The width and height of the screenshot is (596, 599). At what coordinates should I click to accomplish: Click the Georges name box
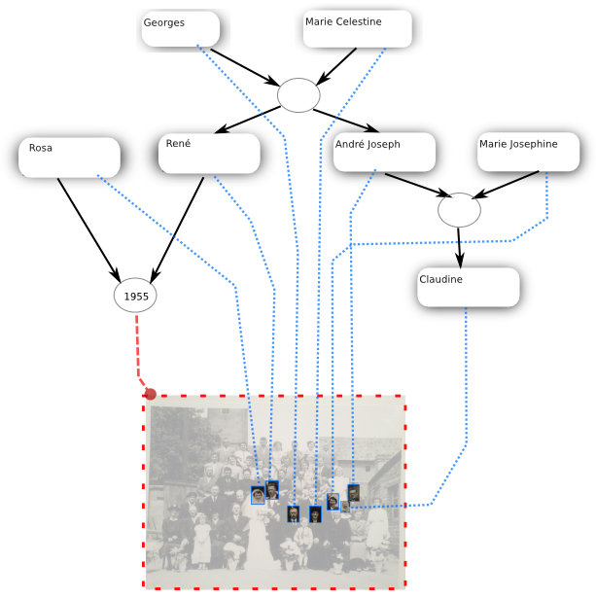pyautogui.click(x=180, y=29)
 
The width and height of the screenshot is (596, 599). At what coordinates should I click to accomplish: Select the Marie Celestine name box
pyautogui.click(x=357, y=29)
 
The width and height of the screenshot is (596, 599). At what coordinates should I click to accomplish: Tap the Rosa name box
pyautogui.click(x=69, y=157)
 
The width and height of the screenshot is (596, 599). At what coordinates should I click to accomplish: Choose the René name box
pyautogui.click(x=209, y=153)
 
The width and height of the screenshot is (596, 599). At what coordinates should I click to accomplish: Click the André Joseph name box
pyautogui.click(x=383, y=153)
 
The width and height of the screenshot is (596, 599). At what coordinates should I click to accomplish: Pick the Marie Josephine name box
pyautogui.click(x=529, y=153)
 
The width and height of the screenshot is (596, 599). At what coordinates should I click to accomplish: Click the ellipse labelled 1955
pyautogui.click(x=136, y=294)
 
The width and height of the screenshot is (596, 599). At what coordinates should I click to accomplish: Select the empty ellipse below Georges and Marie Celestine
pyautogui.click(x=298, y=95)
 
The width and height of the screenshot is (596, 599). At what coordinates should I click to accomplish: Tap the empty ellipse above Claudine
pyautogui.click(x=459, y=209)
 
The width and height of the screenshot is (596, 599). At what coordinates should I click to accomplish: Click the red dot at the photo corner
pyautogui.click(x=150, y=394)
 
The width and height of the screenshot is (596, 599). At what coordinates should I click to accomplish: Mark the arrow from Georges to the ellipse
pyautogui.click(x=243, y=67)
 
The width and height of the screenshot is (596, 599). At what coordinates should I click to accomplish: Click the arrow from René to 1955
pyautogui.click(x=177, y=228)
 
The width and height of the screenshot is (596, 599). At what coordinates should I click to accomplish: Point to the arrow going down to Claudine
pyautogui.click(x=460, y=247)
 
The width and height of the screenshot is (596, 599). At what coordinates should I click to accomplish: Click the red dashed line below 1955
pyautogui.click(x=136, y=350)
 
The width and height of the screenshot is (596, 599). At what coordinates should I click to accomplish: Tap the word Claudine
pyautogui.click(x=440, y=279)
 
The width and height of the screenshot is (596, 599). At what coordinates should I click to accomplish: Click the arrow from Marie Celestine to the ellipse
pyautogui.click(x=335, y=66)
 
